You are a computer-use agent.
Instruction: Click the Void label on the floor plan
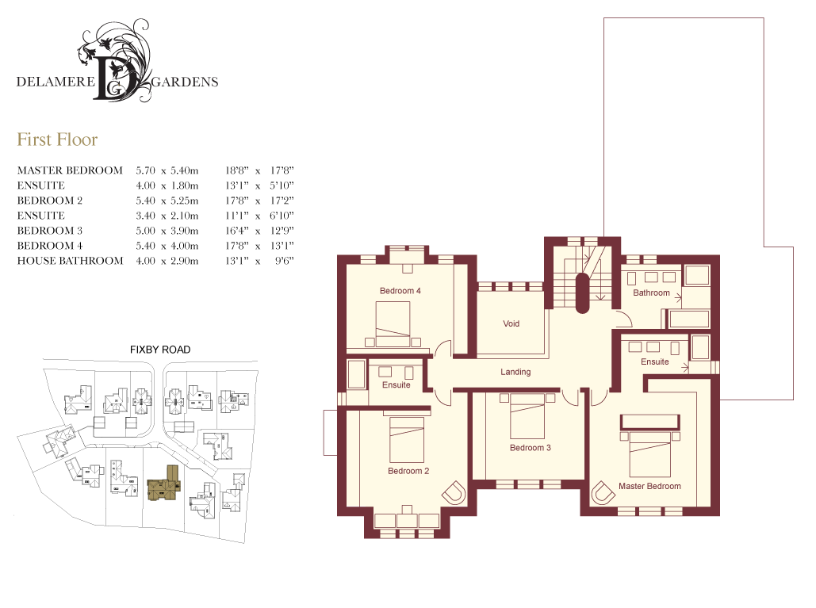[511, 323]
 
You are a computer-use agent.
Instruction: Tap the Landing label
[515, 372]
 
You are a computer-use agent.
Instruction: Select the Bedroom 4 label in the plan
[400, 291]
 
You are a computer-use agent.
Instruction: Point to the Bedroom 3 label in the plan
[531, 448]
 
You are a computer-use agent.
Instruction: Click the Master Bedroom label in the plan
[649, 486]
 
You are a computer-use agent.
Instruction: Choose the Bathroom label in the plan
[651, 293]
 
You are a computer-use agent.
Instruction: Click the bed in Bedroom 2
[407, 439]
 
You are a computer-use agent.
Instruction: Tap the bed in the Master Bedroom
[650, 453]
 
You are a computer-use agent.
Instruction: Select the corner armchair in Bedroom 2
[454, 492]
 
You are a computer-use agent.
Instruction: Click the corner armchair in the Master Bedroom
[603, 492]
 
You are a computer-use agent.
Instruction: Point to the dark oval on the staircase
[582, 293]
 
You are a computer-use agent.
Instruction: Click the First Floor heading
[57, 140]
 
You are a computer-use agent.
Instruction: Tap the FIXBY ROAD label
[160, 350]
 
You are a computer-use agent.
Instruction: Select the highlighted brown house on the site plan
[164, 484]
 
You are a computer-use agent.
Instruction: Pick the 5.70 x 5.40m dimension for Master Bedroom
[167, 170]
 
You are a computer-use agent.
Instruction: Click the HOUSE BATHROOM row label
[71, 261]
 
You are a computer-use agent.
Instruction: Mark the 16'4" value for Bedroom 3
[237, 231]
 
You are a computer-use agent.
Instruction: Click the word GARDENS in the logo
[185, 82]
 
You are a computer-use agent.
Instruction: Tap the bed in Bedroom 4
[393, 324]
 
